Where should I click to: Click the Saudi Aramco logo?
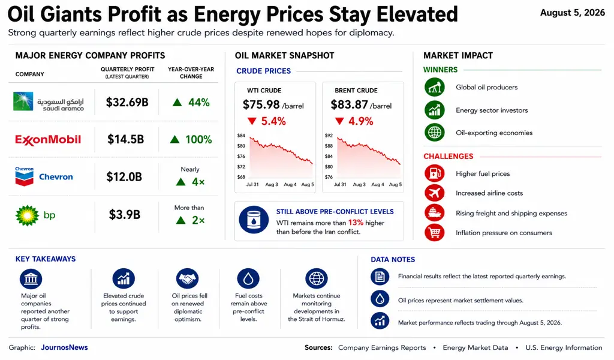[x=49, y=102]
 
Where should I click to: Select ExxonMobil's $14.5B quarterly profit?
[x=126, y=139]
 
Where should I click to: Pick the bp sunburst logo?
[x=27, y=215]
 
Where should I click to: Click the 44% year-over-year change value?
[x=199, y=103]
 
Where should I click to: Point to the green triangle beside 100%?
[x=174, y=139]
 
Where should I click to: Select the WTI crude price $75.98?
[x=261, y=104]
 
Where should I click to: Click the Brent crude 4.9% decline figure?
[x=360, y=121]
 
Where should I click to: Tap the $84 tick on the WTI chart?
[x=241, y=136]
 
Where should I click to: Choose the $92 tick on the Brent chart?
[x=329, y=136]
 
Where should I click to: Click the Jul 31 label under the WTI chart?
[x=252, y=185]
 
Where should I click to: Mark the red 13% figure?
[x=356, y=223]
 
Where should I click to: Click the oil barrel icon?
[x=254, y=220]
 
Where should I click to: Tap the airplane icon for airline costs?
[x=434, y=193]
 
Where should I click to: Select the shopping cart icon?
[x=434, y=233]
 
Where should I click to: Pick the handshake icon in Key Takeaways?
[x=188, y=278]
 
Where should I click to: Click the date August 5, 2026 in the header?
[x=573, y=13]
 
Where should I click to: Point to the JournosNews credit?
[x=64, y=347]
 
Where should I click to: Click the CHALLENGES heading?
[x=449, y=157]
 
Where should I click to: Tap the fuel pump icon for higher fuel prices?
[x=434, y=173]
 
